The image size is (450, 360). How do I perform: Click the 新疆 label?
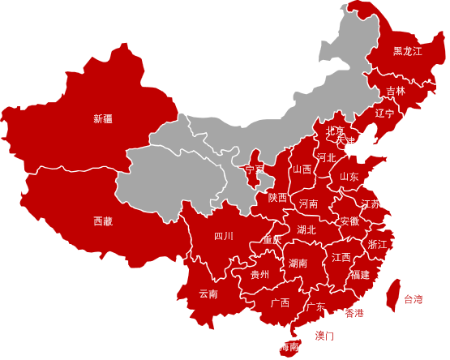[x=103, y=119]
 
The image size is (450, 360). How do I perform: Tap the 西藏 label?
[x=103, y=221]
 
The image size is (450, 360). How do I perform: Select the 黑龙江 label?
[x=408, y=51]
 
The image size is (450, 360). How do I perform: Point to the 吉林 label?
[x=396, y=91]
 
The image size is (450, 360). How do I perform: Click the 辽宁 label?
[x=384, y=114]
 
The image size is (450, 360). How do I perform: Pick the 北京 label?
[x=335, y=131]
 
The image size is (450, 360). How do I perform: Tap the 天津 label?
[x=345, y=141]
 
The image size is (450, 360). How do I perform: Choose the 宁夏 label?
[x=255, y=170]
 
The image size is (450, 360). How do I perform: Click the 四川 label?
[x=224, y=237]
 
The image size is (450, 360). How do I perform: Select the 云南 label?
[x=208, y=294]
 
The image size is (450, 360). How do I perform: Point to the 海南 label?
[x=289, y=347]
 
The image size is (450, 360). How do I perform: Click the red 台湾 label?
[x=414, y=300]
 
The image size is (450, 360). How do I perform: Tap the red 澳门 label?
[x=324, y=336]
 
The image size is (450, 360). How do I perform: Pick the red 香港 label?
[x=354, y=314]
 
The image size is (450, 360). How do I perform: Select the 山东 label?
[x=349, y=177]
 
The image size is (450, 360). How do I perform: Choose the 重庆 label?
[x=272, y=240]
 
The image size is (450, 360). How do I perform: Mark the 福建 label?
[x=360, y=275]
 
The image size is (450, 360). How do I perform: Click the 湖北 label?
[x=306, y=230]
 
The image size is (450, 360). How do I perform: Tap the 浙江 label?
[x=378, y=245]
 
